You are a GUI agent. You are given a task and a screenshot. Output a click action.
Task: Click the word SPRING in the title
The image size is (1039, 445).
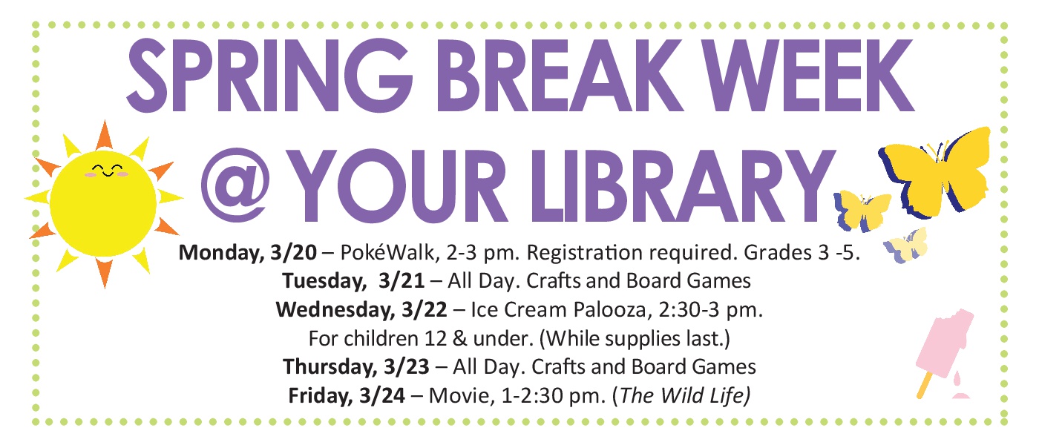point(269,76)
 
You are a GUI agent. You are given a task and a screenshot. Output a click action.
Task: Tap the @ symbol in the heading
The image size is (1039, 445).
point(236,185)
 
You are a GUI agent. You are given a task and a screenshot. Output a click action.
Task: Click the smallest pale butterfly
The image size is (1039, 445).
point(906,245)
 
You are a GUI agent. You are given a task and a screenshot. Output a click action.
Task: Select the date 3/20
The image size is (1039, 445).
point(293,253)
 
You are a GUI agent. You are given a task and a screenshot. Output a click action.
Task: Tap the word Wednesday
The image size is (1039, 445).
point(335,310)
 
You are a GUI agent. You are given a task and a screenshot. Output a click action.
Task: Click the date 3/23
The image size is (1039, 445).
point(407,367)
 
